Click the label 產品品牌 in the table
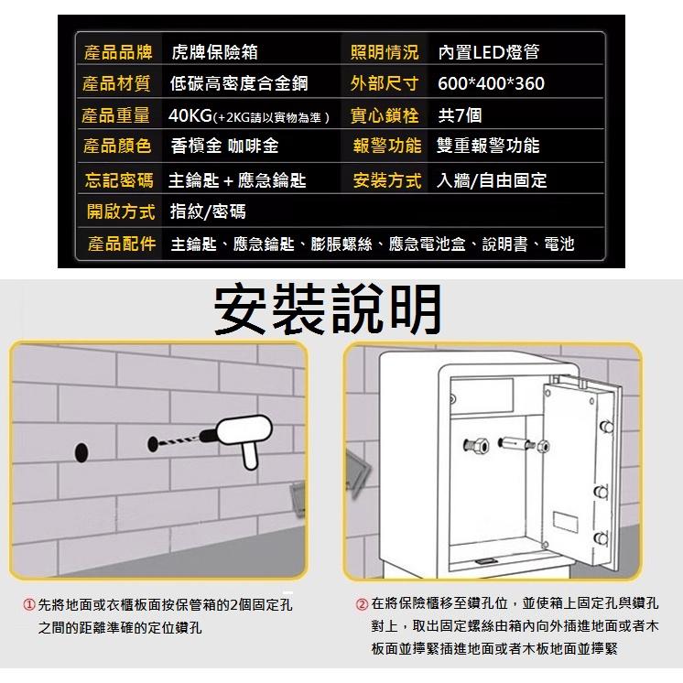click(116, 52)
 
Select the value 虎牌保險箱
click(214, 52)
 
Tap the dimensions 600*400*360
click(491, 84)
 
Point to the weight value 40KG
click(190, 115)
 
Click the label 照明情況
click(385, 52)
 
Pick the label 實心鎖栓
click(385, 115)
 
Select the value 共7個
click(460, 115)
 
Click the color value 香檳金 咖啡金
click(224, 146)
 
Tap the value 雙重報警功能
click(488, 146)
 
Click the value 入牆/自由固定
click(492, 180)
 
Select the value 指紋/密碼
click(208, 212)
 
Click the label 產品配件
click(122, 244)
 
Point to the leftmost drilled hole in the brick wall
click(81, 450)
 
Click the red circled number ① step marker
click(29, 605)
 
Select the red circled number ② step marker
click(362, 605)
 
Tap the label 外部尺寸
click(385, 84)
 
